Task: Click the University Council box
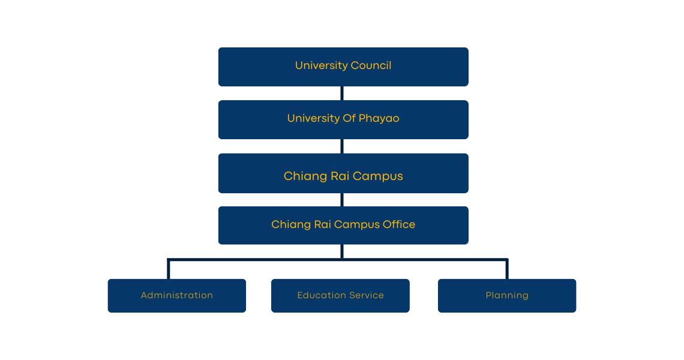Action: pos(343,67)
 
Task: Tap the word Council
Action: pos(371,65)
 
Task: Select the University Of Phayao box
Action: pos(343,119)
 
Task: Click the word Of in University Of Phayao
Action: pos(349,118)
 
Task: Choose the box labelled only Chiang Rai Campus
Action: pos(343,173)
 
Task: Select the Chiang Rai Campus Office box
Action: pos(343,225)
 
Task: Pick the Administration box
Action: pos(176,295)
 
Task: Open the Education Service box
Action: pos(340,295)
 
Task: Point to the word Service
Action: pos(367,295)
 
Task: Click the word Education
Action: pos(321,295)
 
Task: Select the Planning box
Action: pos(507,295)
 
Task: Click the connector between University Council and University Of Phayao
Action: pos(342,94)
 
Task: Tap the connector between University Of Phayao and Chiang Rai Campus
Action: pos(342,146)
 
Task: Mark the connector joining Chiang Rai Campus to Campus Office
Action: pos(342,200)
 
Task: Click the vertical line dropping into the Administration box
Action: pos(169,269)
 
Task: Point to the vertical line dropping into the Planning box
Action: pos(507,269)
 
